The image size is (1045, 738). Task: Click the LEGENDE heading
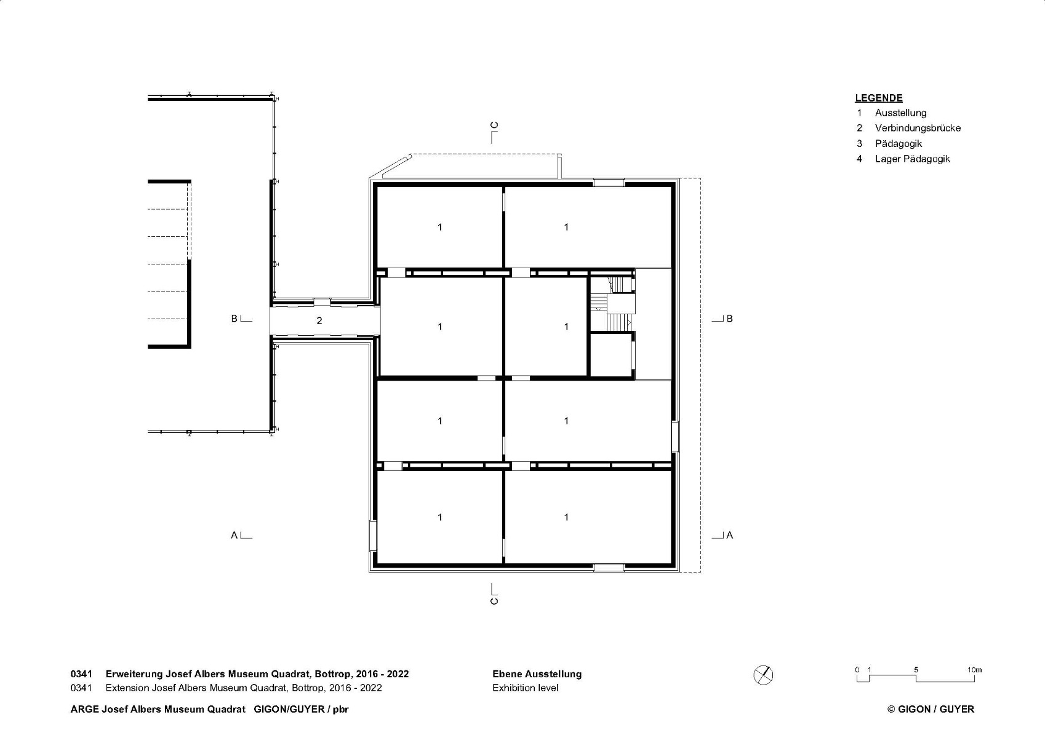point(878,98)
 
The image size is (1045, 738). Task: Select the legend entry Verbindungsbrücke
point(918,128)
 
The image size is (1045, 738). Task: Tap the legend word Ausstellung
point(900,113)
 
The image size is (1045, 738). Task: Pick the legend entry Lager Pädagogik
point(912,159)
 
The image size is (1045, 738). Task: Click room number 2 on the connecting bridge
point(319,321)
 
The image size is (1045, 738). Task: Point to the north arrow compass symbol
point(763,675)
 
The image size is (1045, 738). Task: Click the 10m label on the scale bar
point(974,670)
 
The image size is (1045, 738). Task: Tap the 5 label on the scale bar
point(916,670)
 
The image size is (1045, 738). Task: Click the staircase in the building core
point(612,304)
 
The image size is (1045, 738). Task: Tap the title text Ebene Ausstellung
point(537,673)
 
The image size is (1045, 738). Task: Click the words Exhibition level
point(526,688)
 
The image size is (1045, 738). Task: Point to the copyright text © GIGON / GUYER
point(931,709)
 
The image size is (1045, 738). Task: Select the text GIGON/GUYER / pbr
point(301,709)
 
